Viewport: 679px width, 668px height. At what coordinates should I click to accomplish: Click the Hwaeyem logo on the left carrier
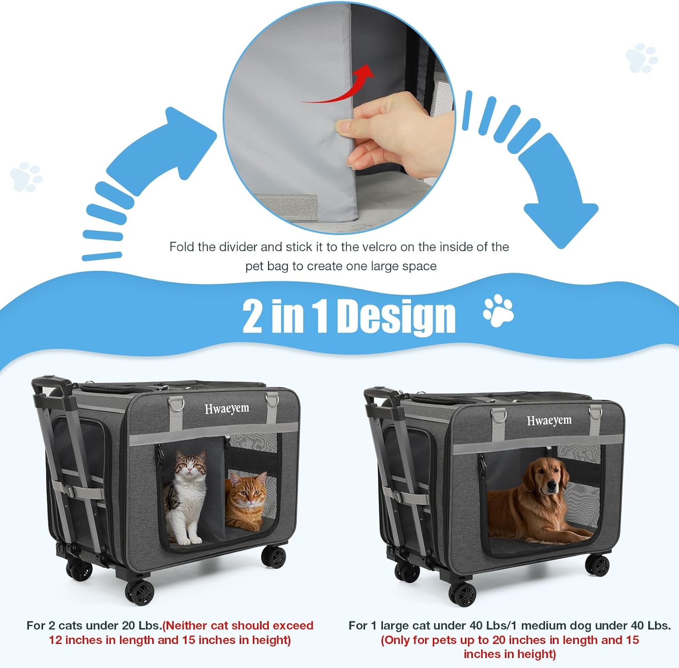[x=227, y=408]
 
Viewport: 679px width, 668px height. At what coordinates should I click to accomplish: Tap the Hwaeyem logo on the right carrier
[x=549, y=421]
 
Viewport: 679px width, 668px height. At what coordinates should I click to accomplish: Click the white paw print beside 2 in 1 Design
[x=498, y=311]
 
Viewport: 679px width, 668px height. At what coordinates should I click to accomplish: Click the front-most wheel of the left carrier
[x=140, y=591]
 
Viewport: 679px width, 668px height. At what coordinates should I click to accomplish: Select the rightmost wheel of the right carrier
[x=598, y=565]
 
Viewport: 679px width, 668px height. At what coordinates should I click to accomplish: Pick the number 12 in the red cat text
[x=55, y=640]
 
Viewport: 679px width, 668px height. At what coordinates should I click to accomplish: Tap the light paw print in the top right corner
[x=641, y=58]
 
